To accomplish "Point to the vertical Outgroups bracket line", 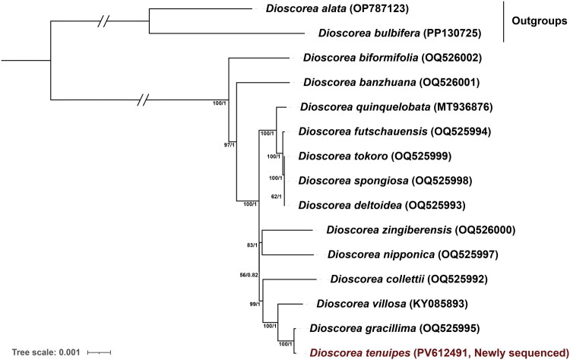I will [x=505, y=21].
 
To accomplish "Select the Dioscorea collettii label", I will [x=366, y=279].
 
